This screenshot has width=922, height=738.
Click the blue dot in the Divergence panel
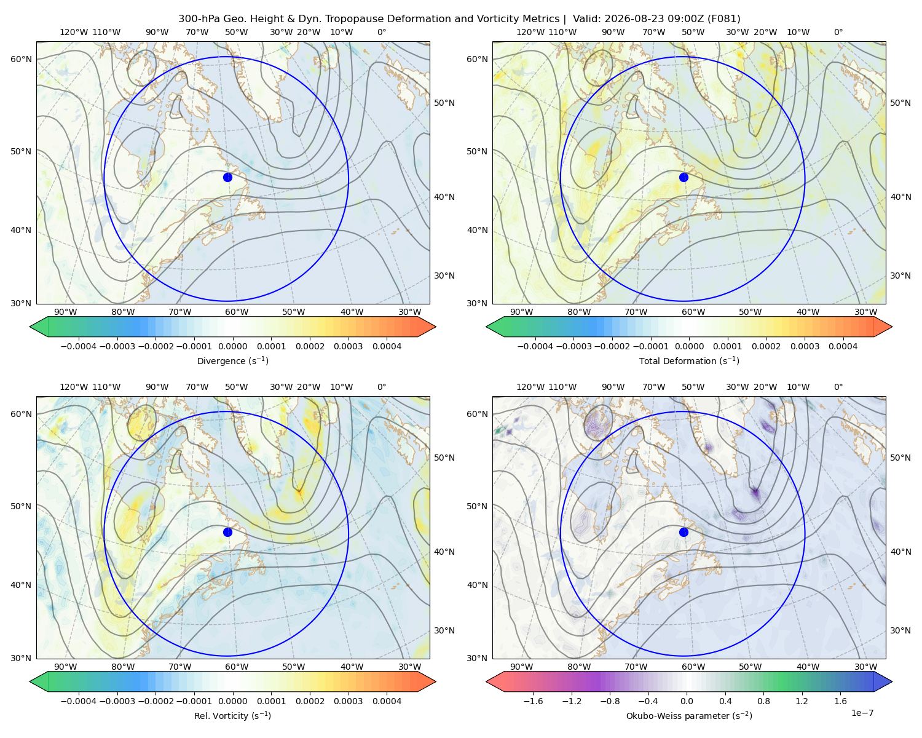tap(227, 177)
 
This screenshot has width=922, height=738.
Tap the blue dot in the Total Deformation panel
tap(684, 177)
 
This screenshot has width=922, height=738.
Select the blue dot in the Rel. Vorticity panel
tap(227, 532)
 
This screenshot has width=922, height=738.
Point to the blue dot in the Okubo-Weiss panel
tap(684, 532)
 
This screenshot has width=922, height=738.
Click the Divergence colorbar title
tap(232, 360)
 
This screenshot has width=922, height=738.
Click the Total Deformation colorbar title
tap(689, 360)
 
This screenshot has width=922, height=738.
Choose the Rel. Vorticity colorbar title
tap(232, 715)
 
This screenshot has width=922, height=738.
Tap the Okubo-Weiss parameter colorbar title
tap(689, 715)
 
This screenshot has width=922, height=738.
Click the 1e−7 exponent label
tap(862, 713)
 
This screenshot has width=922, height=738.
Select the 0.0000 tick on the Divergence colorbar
tap(232, 346)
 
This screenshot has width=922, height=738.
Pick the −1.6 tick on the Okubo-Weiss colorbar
tap(534, 701)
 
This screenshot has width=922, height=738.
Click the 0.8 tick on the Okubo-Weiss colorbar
tap(763, 701)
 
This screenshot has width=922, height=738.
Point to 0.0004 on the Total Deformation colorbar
tap(843, 346)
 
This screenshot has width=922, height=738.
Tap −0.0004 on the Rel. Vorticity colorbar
tap(79, 701)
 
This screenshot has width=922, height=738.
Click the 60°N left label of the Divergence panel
tap(21, 59)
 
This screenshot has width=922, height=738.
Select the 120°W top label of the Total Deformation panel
tap(530, 32)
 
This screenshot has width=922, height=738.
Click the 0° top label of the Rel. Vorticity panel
tap(382, 387)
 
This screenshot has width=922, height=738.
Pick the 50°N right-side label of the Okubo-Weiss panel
tap(900, 458)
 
